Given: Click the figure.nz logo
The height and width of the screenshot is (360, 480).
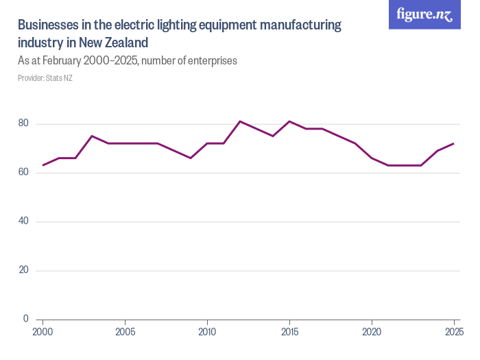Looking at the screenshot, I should tap(424, 15).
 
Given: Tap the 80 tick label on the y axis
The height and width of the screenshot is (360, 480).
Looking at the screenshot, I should tap(23, 123).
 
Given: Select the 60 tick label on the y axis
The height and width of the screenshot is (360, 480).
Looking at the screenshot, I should tap(23, 172).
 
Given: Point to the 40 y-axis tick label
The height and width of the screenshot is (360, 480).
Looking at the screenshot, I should tap(23, 221).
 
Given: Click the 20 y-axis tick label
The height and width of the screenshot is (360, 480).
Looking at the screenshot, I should tap(23, 270).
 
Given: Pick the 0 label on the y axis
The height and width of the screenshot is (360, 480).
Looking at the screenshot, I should tap(26, 319).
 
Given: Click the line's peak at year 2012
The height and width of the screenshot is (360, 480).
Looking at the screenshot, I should tap(240, 121).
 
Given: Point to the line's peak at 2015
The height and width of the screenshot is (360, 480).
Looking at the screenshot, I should tap(289, 121).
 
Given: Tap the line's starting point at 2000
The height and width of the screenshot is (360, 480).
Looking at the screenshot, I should tap(43, 165).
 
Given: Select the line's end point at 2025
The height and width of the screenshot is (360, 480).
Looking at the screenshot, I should tap(453, 143).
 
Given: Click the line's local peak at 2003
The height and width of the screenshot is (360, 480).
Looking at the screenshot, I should tap(92, 136).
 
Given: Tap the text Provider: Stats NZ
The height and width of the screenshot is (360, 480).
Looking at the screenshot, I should tap(45, 78).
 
